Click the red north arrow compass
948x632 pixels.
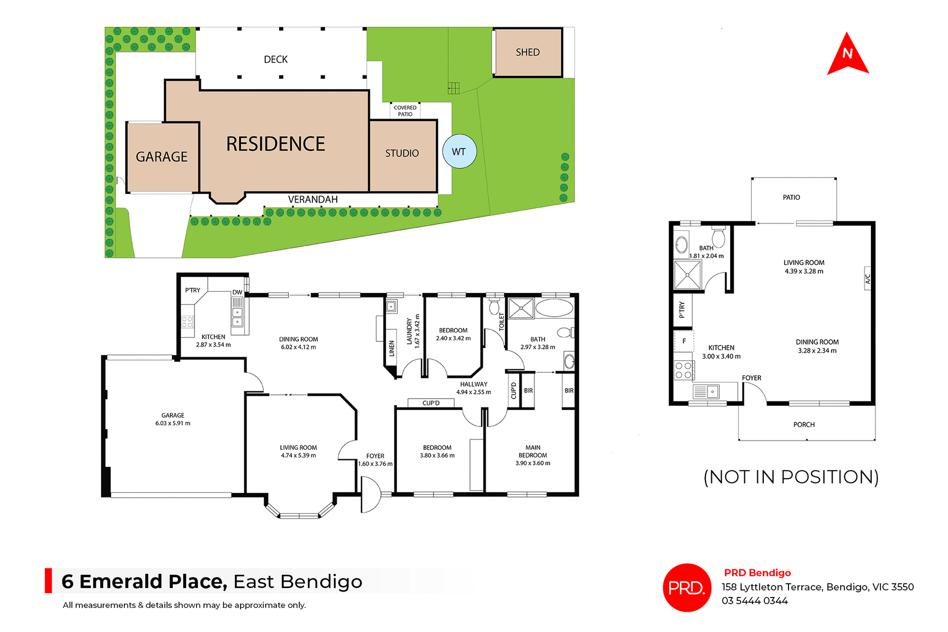click(847, 55)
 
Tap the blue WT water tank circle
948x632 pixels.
click(459, 151)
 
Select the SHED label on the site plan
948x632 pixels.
click(527, 52)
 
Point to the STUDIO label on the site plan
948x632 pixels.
click(402, 153)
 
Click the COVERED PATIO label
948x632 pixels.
click(405, 111)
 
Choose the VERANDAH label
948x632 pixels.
click(313, 199)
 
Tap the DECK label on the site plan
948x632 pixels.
click(276, 60)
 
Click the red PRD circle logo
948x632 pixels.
click(686, 588)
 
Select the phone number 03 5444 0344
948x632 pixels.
click(754, 601)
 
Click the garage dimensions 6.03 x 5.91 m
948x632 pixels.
click(173, 423)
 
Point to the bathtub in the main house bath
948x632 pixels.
click(554, 308)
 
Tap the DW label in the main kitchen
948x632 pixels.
click(237, 292)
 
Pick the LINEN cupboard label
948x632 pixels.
click(392, 348)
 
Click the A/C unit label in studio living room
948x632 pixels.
click(868, 279)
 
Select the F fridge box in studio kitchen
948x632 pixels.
click(684, 341)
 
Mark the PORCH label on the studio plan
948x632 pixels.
click(804, 425)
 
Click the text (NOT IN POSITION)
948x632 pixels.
click(791, 477)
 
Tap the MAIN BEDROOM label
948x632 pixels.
click(533, 451)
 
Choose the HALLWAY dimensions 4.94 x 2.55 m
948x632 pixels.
click(474, 392)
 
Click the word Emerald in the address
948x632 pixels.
click(153, 582)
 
